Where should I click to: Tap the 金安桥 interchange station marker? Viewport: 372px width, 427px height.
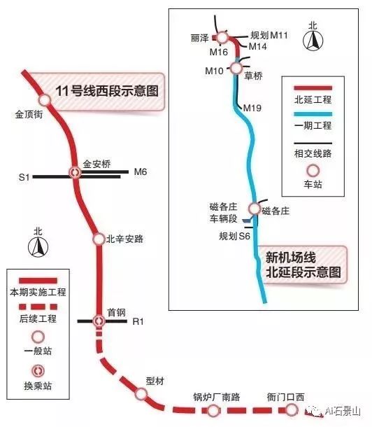[75, 172]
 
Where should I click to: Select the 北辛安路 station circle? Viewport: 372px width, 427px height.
[99, 239]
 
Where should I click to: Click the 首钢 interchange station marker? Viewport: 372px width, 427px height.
[98, 321]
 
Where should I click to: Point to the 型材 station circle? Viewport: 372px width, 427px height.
[141, 393]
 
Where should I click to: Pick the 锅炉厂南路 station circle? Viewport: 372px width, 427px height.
[213, 409]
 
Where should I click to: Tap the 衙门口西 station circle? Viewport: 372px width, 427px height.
[291, 409]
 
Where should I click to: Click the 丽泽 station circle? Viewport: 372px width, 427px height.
[222, 37]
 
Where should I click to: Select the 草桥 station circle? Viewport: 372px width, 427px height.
[236, 68]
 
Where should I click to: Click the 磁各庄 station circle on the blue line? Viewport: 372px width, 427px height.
[255, 209]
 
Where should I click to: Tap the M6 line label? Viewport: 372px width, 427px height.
[141, 171]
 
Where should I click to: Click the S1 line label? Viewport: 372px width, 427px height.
[24, 177]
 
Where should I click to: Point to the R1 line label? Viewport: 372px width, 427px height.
[138, 321]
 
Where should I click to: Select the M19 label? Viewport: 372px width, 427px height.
[252, 108]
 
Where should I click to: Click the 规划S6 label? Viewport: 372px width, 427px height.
[234, 236]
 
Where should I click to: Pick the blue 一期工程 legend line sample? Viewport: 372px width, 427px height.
[313, 114]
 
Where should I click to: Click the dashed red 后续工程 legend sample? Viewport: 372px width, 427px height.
[38, 307]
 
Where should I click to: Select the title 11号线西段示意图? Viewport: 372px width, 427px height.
[107, 91]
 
